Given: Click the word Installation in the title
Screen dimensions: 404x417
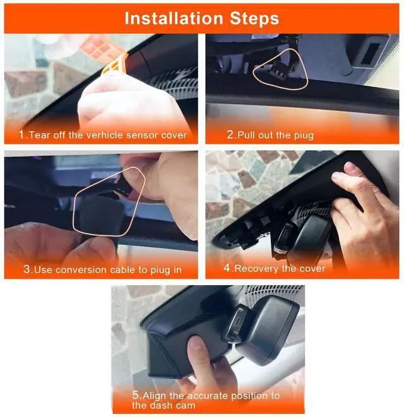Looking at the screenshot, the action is pyautogui.click(x=174, y=18).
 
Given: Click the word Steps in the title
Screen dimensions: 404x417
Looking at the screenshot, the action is pyautogui.click(x=254, y=19).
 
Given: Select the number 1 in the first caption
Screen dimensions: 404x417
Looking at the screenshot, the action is pyautogui.click(x=21, y=134).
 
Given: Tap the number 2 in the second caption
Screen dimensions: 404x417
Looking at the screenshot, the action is pyautogui.click(x=230, y=134).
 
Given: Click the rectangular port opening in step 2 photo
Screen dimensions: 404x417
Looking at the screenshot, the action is pyautogui.click(x=370, y=53).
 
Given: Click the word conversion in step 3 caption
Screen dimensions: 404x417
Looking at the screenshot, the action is pyautogui.click(x=81, y=270).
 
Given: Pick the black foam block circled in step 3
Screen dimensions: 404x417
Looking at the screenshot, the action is pyautogui.click(x=102, y=216).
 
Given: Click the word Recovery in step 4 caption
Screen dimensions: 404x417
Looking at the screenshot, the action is pyautogui.click(x=256, y=269).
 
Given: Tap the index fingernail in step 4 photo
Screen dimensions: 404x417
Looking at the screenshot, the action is pyautogui.click(x=350, y=167).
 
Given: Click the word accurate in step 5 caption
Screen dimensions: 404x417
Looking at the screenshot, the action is pyautogui.click(x=207, y=396).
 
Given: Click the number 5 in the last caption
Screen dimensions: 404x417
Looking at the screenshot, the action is pyautogui.click(x=135, y=395).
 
